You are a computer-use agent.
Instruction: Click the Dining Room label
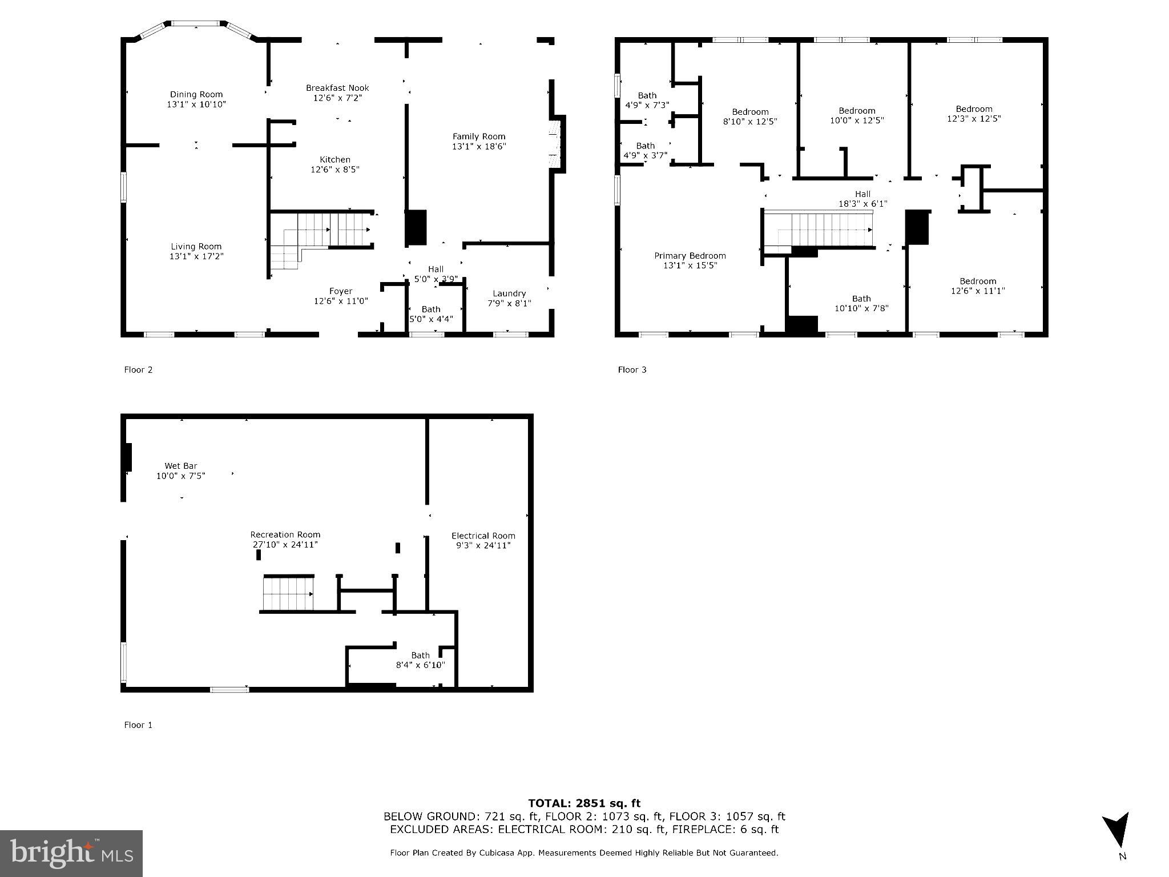[196, 95]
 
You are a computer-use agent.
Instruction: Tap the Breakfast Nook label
[337, 88]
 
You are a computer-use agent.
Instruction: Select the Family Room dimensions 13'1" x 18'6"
[479, 146]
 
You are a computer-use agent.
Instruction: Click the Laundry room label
[509, 293]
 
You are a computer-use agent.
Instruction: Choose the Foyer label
[341, 291]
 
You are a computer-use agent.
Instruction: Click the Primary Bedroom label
[690, 256]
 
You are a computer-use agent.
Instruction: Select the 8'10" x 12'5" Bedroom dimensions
[750, 122]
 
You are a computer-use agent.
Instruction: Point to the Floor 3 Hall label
[862, 194]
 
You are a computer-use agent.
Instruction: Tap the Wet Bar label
[181, 466]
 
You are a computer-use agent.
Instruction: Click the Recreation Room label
[285, 535]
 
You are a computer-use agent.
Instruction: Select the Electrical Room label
[483, 536]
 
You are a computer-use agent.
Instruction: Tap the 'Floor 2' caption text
[138, 370]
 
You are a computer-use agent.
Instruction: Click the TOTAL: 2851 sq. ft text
[584, 803]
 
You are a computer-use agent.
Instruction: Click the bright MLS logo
[71, 853]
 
